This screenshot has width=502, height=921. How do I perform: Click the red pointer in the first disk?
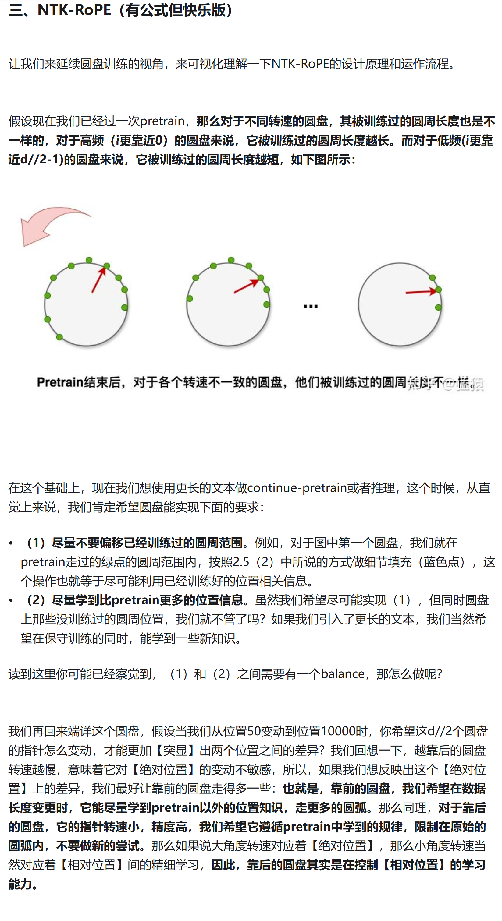tap(98, 280)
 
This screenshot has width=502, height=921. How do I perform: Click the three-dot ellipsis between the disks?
tap(310, 306)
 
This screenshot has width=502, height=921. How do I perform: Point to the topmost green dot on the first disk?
tap(89, 260)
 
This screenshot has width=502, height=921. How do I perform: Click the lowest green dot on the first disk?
tap(60, 337)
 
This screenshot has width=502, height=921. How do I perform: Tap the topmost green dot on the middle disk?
tap(231, 260)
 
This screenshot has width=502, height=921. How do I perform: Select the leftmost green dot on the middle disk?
tap(190, 299)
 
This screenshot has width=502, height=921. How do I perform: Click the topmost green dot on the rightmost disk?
tap(432, 278)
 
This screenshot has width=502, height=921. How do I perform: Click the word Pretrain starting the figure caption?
tap(60, 383)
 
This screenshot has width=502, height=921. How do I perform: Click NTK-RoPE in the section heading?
tap(74, 10)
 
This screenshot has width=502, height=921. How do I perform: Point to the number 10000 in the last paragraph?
tap(344, 731)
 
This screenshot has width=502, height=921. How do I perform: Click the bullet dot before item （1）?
tap(11, 543)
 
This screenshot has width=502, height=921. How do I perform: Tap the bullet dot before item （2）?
tap(11, 601)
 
